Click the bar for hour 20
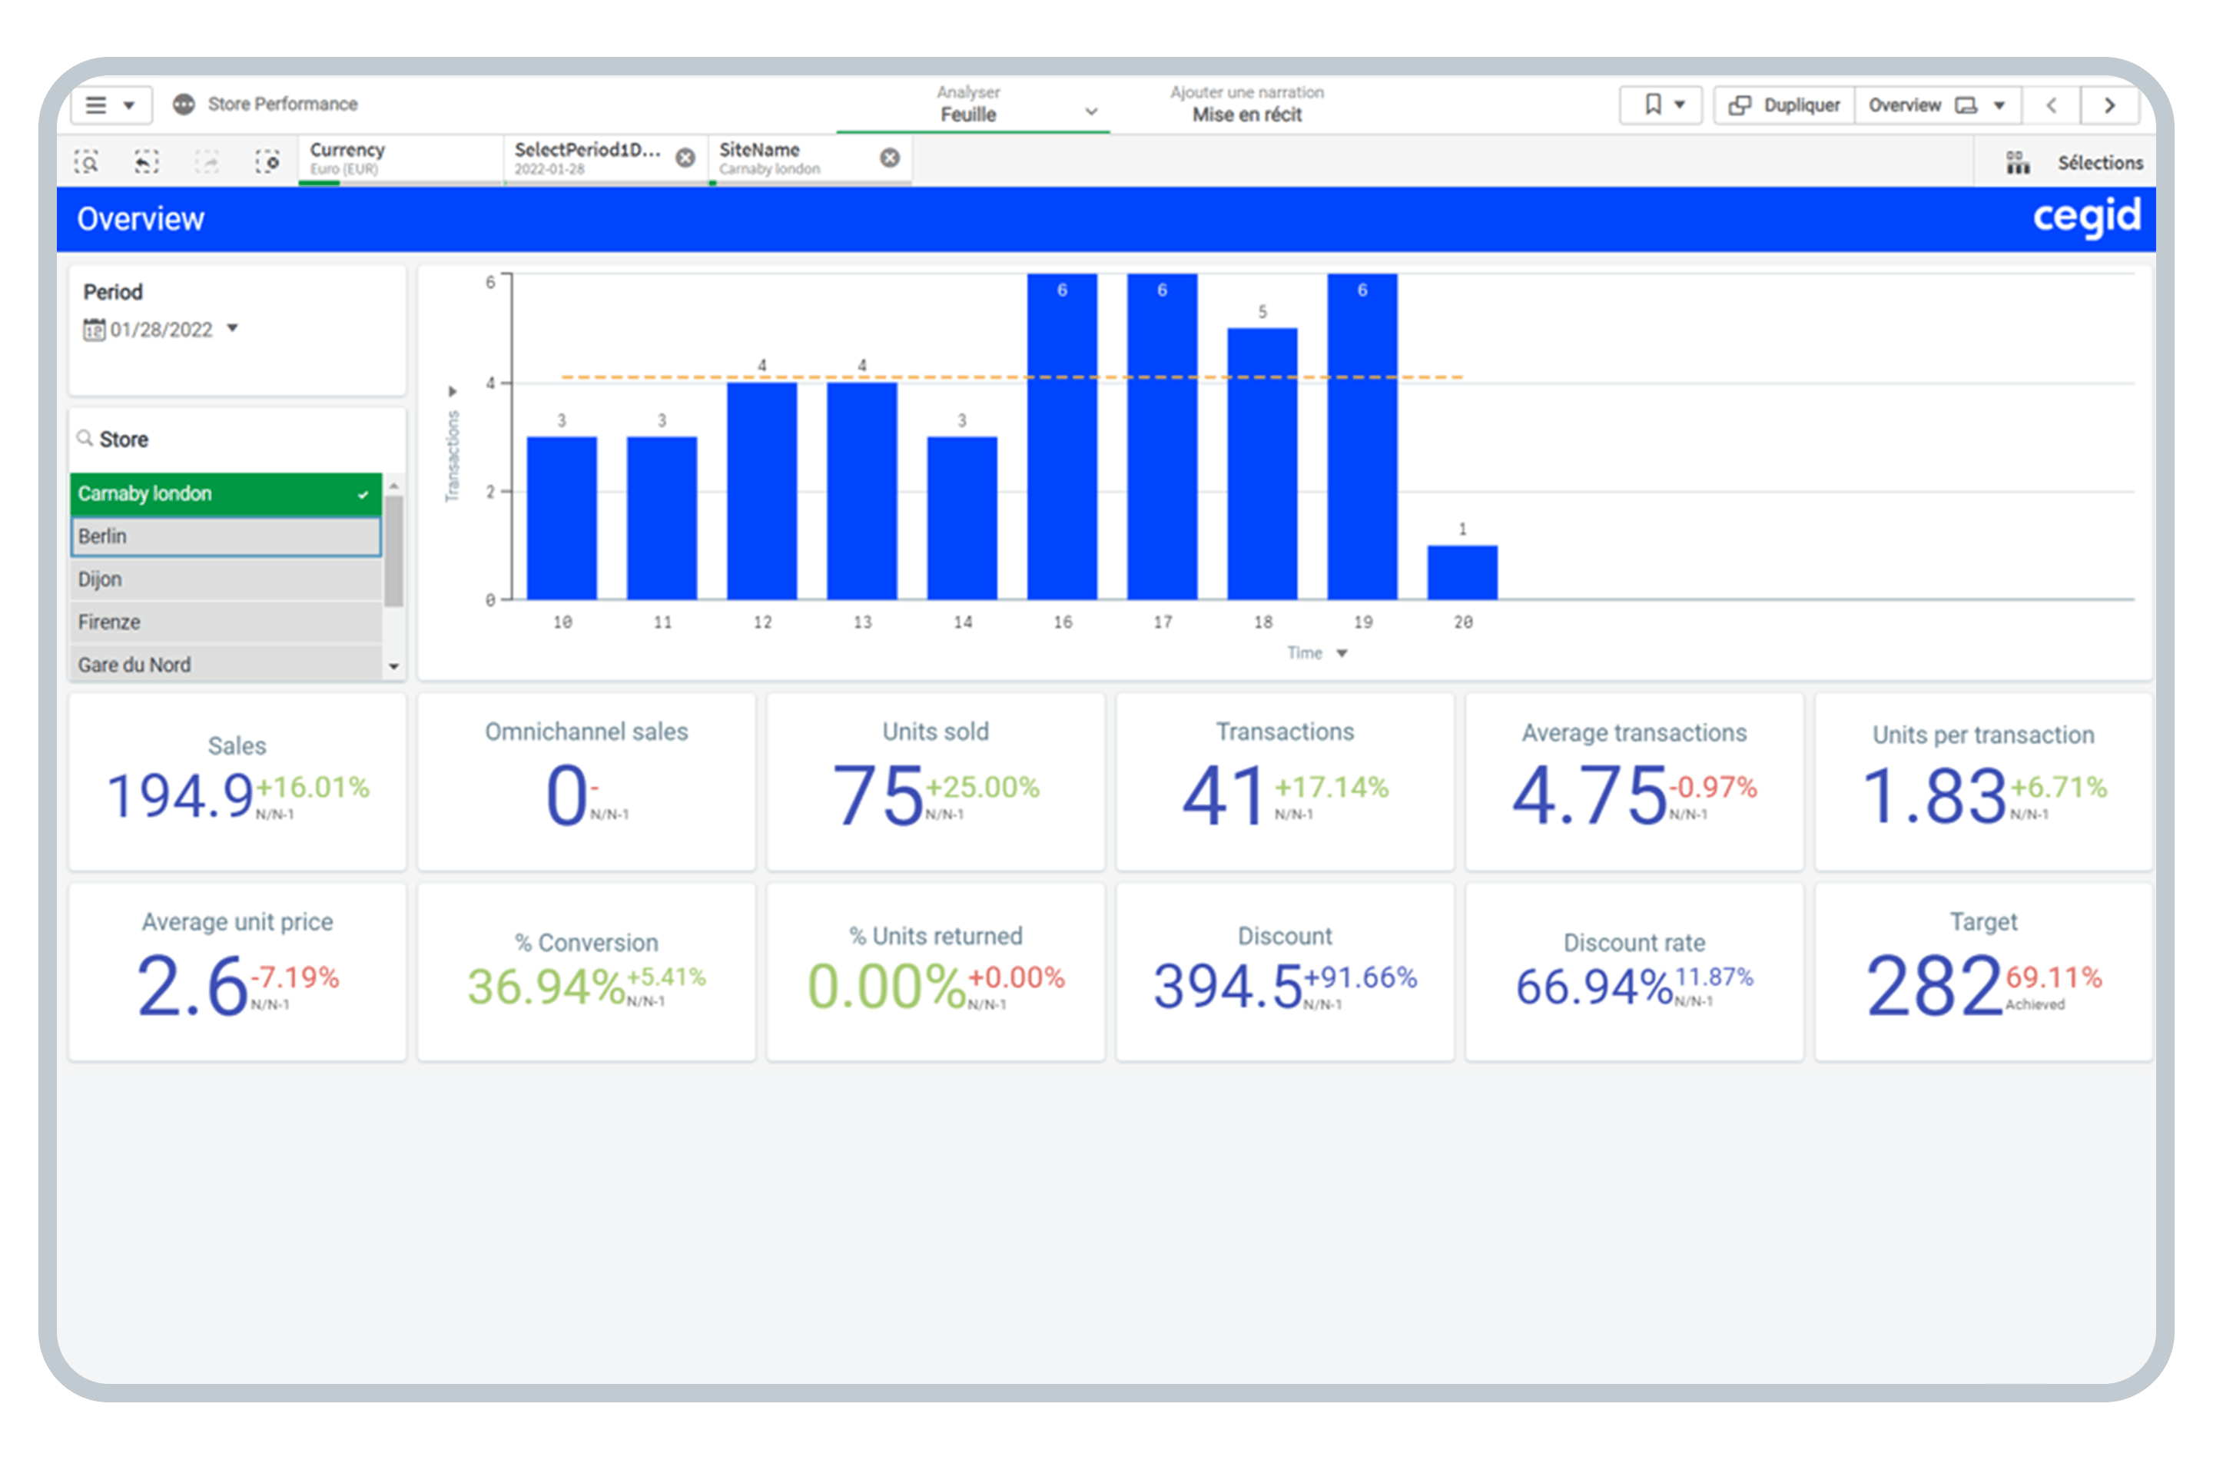pos(1462,572)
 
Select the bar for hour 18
pos(1262,463)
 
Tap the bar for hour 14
pos(962,518)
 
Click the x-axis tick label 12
pos(762,622)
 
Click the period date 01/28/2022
pos(161,330)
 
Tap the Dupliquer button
pos(1783,105)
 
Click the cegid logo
pos(2085,217)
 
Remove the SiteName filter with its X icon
pos(889,158)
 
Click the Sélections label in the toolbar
pos(2099,163)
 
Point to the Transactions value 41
pos(1223,796)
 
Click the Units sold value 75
pos(877,796)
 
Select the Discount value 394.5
pos(1227,986)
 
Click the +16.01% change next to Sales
pos(313,788)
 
